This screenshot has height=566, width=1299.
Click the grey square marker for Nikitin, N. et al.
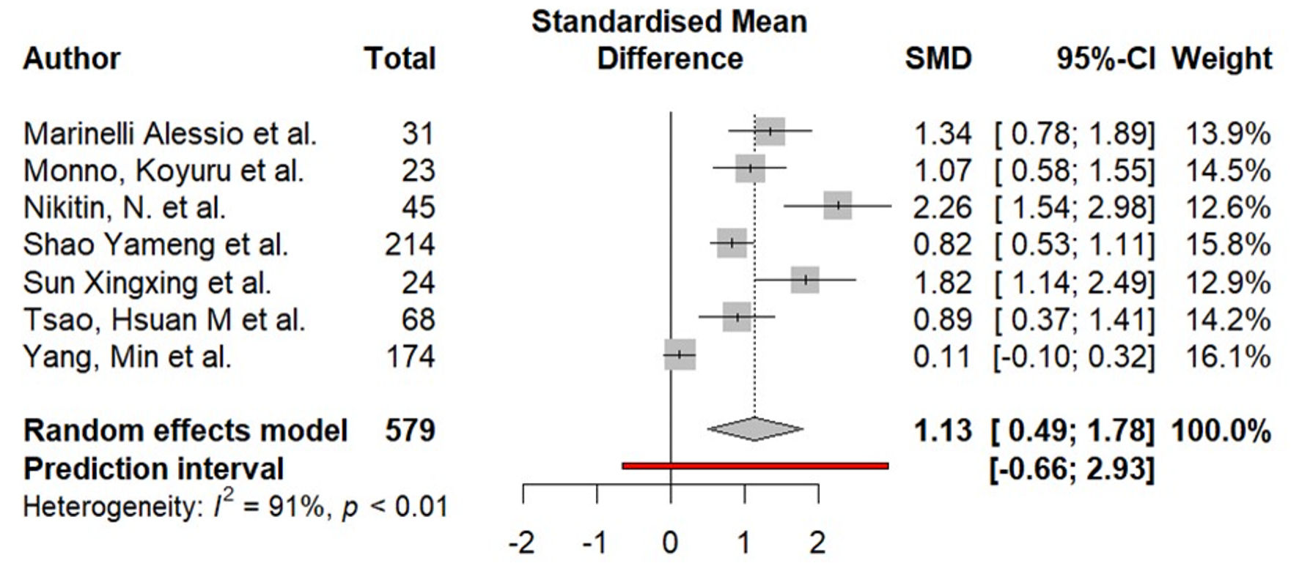[x=837, y=206]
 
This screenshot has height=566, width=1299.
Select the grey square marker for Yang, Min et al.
[x=680, y=354]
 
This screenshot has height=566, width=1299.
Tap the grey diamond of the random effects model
[x=755, y=429]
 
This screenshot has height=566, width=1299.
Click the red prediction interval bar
[x=755, y=465]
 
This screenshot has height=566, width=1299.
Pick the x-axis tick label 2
[x=817, y=543]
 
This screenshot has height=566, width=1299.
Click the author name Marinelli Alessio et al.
[x=170, y=134]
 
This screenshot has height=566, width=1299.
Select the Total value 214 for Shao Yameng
[x=410, y=245]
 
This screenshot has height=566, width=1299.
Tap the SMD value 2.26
[x=942, y=208]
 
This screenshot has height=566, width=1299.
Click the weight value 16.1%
[x=1228, y=357]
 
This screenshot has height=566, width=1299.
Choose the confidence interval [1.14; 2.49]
[x=1074, y=283]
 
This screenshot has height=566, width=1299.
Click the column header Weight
[x=1222, y=59]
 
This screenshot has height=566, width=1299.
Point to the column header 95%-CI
[x=1105, y=59]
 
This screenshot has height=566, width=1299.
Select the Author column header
[x=72, y=59]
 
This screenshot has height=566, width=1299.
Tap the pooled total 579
[x=410, y=431]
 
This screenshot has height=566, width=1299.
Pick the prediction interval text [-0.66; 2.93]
[x=1072, y=469]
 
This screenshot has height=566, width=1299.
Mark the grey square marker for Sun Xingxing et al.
[x=805, y=280]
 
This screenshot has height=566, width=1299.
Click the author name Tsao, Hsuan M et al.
[x=164, y=320]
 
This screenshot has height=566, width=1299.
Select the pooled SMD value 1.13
[x=942, y=431]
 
